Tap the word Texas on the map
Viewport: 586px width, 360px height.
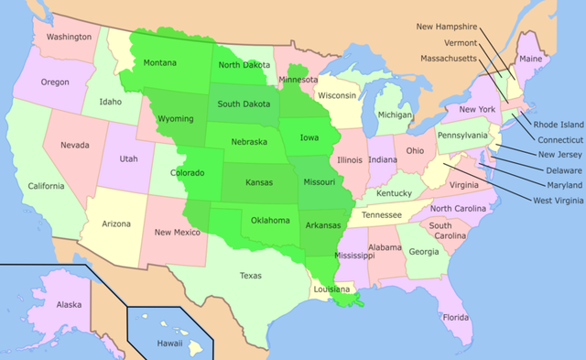pos(250,275)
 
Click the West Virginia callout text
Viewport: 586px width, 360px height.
pos(547,200)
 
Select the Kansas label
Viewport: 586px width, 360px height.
pos(259,182)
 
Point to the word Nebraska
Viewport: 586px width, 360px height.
pos(248,142)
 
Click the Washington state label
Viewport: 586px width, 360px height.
pos(70,37)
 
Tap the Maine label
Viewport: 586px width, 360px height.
pos(530,59)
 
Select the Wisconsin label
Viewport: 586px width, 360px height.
pos(337,95)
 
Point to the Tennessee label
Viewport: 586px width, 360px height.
pos(382,215)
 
